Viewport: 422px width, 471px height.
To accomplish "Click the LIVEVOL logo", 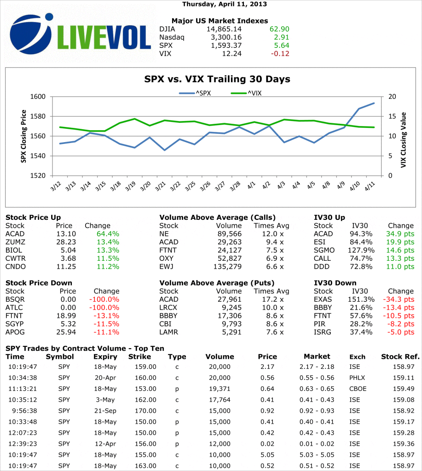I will (81, 34).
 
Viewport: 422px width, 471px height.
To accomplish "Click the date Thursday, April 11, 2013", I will (225, 4).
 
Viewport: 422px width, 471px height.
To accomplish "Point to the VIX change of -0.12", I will (279, 54).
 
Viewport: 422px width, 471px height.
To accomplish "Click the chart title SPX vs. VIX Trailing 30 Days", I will (218, 79).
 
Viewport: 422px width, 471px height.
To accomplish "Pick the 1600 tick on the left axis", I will (40, 97).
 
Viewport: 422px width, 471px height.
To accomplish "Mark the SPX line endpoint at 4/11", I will (374, 103).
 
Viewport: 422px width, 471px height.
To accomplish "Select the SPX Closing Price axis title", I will (23, 136).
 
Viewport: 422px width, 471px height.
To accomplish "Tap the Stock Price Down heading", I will (39, 283).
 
